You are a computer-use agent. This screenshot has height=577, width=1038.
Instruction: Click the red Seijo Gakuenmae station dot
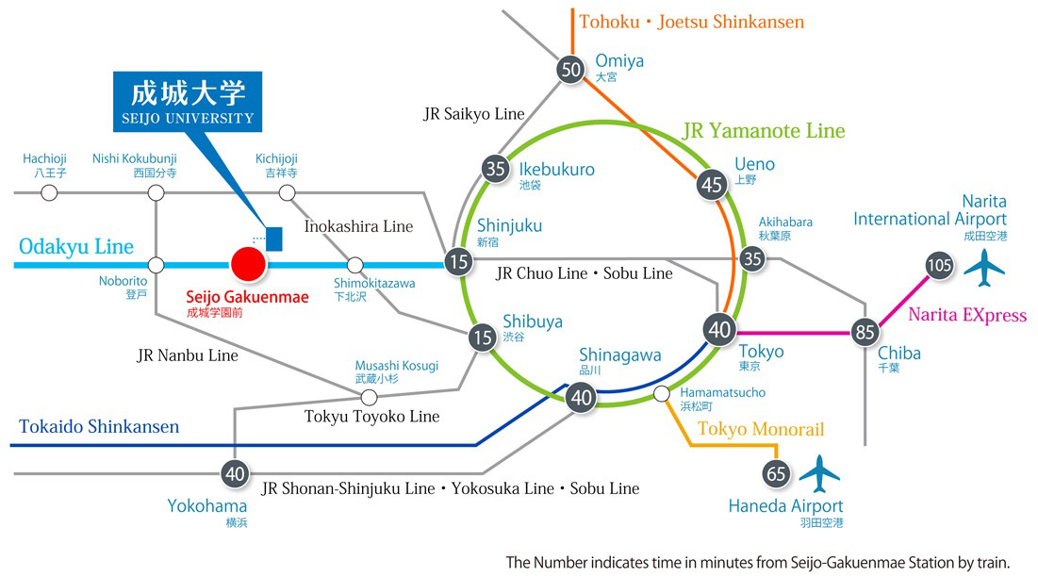point(249,265)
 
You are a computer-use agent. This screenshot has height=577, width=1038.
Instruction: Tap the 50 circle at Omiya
point(570,69)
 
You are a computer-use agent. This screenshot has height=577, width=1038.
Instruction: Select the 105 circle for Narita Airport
point(939,265)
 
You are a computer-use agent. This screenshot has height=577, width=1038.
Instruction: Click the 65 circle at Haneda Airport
point(777,474)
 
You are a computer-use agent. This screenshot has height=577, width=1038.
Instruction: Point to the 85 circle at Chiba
point(865,332)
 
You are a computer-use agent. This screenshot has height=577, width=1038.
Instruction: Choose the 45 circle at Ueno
point(712,185)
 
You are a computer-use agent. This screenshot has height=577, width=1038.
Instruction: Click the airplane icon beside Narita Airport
point(985,268)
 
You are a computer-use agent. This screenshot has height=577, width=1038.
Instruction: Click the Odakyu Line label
point(76,247)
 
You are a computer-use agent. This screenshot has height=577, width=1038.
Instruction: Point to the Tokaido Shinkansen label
point(99,426)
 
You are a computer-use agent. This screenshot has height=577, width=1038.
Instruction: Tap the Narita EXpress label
point(966,315)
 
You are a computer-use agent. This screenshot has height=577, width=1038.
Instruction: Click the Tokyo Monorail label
point(761,430)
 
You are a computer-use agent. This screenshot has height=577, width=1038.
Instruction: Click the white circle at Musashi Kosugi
point(369,398)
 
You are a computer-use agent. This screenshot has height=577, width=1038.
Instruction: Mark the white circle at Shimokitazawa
point(355,265)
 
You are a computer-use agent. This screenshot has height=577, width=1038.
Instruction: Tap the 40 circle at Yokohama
point(234,473)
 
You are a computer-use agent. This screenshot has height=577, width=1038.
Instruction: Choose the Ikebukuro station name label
point(556,170)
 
